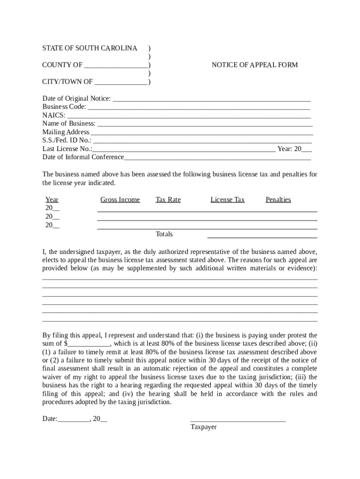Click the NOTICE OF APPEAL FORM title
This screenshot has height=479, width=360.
coord(254,65)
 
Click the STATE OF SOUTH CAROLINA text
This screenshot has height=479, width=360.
coord(90,48)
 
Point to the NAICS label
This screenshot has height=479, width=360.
coord(53,115)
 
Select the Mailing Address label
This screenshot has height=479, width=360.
coord(65,132)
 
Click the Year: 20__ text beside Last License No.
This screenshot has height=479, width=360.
coord(295,149)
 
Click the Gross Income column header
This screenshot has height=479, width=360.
coord(120,200)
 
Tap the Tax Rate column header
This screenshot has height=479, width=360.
coord(168,200)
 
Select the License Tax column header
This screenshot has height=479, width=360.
coord(228,200)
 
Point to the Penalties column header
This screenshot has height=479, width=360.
coord(278,200)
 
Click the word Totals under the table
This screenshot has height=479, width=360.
coord(164,234)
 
